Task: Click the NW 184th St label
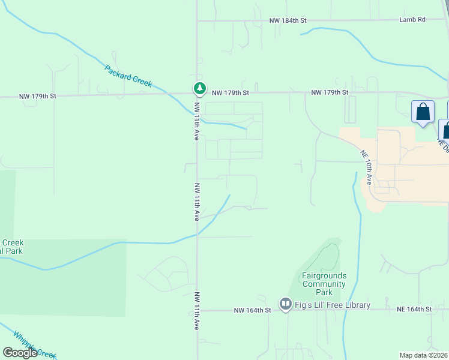(288, 20)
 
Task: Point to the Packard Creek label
(128, 76)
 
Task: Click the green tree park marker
(199, 89)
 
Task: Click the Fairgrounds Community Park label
(324, 284)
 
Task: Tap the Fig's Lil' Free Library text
(333, 305)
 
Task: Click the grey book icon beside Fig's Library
(285, 305)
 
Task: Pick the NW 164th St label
(253, 310)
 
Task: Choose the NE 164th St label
(414, 310)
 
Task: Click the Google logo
(20, 353)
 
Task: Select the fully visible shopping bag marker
(423, 112)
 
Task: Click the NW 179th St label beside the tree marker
(230, 93)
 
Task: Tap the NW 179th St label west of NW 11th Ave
(37, 96)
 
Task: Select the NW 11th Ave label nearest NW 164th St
(196, 311)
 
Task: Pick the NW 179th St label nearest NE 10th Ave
(330, 92)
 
